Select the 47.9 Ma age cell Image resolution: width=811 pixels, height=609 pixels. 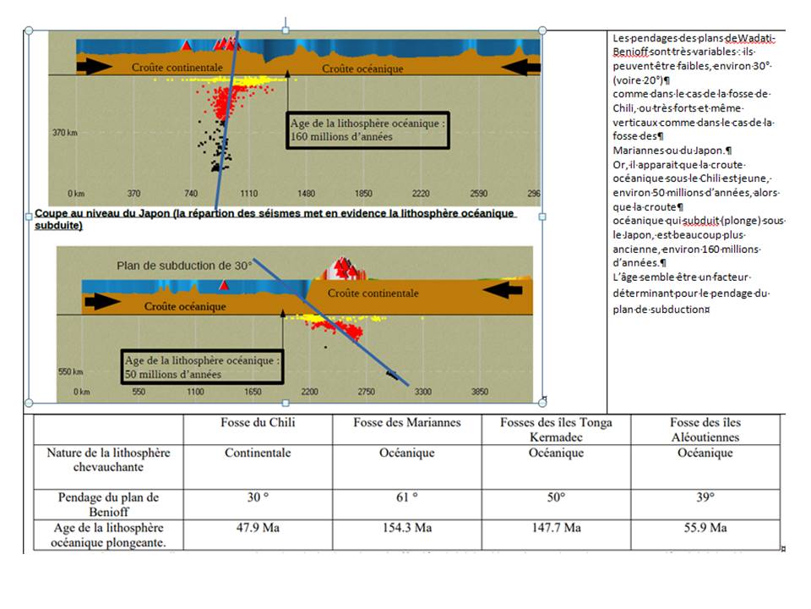point(258,528)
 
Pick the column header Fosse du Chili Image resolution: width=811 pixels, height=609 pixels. point(258,423)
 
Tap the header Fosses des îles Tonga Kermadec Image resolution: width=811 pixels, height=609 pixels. point(556,430)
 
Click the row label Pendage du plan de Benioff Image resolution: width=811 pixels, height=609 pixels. point(109,504)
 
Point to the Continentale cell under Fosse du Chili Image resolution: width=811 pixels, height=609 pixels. point(258,453)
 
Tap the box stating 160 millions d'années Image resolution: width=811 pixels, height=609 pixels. point(367,129)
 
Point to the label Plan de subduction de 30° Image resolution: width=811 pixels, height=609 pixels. point(184,266)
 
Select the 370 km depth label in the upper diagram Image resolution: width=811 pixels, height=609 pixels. point(65,133)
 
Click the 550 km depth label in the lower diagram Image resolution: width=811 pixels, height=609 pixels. point(70,371)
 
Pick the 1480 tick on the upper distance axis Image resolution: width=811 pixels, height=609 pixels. point(307,194)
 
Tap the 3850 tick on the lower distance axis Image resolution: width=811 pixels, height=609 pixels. point(479,392)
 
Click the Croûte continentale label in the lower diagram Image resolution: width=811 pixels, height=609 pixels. point(373,294)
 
